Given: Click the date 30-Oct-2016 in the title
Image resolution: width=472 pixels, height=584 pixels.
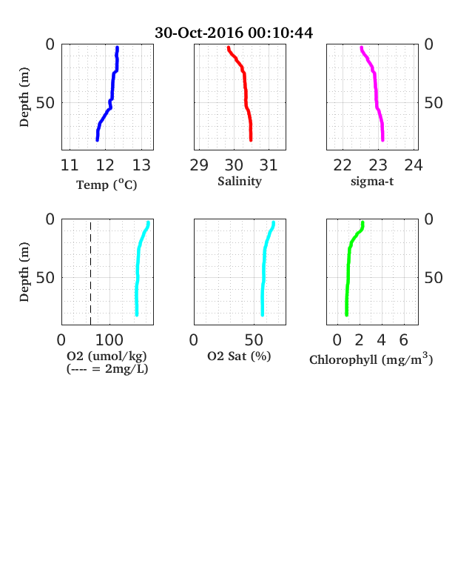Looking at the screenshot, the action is pos(199,33).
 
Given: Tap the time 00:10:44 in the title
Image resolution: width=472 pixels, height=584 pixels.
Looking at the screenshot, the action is pos(280,33).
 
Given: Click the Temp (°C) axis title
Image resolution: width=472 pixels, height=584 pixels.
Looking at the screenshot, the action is pos(107,185).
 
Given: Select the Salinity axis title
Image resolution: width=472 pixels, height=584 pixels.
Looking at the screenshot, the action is pos(240,182).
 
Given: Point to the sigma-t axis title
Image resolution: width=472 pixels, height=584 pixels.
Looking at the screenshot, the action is pos(372,182).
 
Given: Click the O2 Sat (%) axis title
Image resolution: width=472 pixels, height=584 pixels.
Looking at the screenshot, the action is pos(239,356).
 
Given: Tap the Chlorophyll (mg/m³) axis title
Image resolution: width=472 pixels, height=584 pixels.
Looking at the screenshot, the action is pos(371,359).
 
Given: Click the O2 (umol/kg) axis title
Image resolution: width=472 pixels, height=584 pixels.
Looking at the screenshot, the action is pos(107,356).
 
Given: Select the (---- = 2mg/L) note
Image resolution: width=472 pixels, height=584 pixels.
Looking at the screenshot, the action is pos(107,369).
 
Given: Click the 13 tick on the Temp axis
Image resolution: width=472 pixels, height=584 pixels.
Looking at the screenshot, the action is pos(141,165).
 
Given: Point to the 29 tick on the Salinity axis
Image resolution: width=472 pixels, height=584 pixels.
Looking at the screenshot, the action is pos(199,165).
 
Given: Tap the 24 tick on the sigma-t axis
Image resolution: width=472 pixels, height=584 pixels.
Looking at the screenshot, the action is pos(414,165).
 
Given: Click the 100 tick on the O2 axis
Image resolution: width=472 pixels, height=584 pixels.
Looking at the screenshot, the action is pos(109,340).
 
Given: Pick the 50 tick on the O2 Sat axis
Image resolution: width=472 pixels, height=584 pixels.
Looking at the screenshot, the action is pos(254,340).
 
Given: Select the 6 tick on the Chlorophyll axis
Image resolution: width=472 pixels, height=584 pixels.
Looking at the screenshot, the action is pos(404,340).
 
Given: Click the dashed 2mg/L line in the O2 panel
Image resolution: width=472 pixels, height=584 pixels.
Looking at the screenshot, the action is pos(91,273).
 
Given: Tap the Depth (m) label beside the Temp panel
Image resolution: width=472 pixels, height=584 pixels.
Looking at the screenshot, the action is pos(24,97).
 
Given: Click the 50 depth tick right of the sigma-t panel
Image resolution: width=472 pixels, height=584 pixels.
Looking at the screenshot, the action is pos(434,103).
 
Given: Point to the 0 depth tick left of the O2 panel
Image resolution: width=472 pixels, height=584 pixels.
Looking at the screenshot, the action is pos(50,219).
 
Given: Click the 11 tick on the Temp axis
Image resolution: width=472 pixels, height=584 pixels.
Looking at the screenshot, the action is pos(70,165).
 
